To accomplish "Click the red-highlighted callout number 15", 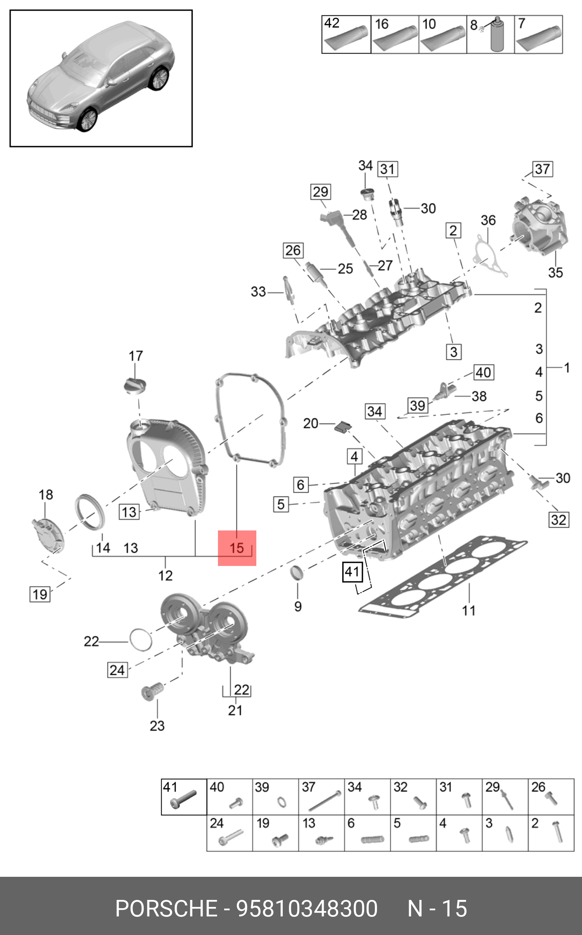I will (237, 548).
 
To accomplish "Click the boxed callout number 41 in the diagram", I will (353, 572).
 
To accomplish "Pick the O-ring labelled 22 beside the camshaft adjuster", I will (141, 639).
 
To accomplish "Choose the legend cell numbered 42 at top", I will (346, 34).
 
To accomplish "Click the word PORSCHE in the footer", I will (166, 908).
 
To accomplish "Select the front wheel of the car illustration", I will (88, 120).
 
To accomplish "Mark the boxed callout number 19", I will (40, 594).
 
